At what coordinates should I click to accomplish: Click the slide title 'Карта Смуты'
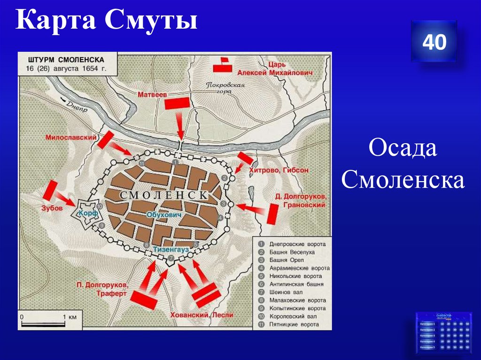[x=106, y=22]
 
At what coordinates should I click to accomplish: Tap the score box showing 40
[x=434, y=42]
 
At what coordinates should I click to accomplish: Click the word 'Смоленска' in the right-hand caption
[x=403, y=180]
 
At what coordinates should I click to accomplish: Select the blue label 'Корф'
[x=88, y=213]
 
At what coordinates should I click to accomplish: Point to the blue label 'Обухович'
[x=163, y=215]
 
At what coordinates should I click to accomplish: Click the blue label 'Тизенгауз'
[x=170, y=250]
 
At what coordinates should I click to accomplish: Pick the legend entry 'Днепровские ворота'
[x=297, y=244]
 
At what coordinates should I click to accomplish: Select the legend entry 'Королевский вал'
[x=294, y=316]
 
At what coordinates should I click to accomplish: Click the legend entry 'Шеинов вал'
[x=286, y=292]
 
